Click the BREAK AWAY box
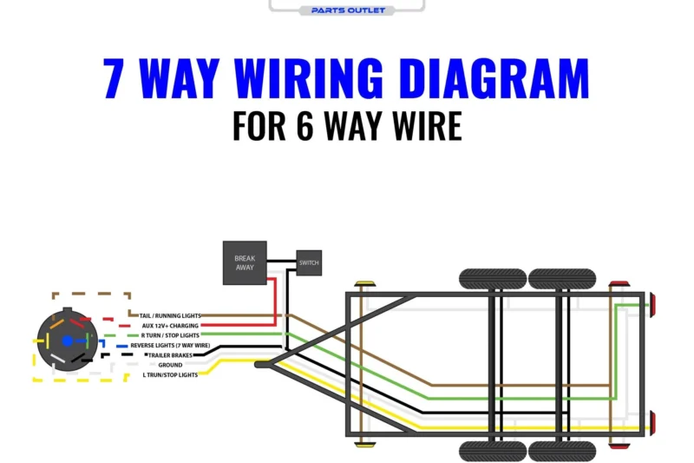245,262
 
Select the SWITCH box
309,262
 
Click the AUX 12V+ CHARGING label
171,326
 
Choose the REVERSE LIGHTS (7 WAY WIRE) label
170,345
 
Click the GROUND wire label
170,365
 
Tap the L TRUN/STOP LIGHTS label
170,375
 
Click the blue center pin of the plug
65,342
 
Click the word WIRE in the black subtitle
416,126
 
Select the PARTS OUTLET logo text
347,10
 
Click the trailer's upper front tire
492,279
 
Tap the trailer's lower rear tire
561,450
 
